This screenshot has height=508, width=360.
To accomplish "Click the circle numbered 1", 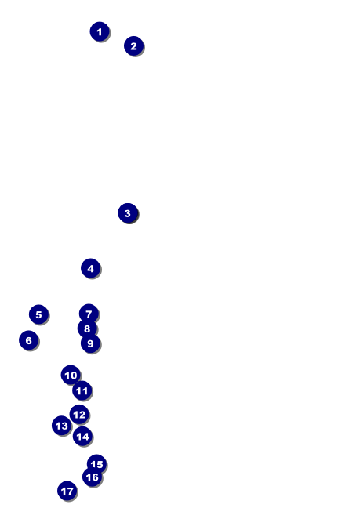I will click(99, 31).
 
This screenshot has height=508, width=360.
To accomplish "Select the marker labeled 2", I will click(133, 45).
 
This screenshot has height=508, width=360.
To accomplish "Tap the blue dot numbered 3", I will click(128, 212).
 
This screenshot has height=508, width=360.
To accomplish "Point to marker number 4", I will click(90, 268).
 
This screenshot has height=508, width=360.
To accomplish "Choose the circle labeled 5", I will click(38, 314).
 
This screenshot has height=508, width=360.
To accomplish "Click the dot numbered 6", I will click(28, 340).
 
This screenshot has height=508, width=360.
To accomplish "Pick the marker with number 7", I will click(89, 314).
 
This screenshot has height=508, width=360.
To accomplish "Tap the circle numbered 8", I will click(87, 328).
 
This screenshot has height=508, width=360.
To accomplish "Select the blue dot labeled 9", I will click(90, 343).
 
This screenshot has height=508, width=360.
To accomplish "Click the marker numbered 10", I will click(71, 375).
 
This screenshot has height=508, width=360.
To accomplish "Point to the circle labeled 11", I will click(82, 390).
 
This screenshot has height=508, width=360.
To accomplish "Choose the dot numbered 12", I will click(79, 414).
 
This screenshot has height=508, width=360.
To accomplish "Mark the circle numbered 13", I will click(61, 426).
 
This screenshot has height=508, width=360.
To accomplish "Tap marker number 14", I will click(82, 436).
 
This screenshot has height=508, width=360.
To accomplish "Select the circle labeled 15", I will click(96, 464).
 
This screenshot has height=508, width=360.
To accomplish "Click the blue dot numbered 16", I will click(92, 477).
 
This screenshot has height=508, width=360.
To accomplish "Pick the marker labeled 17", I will click(67, 491).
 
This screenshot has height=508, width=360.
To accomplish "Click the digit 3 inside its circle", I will click(128, 213).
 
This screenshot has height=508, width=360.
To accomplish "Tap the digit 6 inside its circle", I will click(28, 340).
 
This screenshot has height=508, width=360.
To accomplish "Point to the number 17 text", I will click(67, 492).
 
